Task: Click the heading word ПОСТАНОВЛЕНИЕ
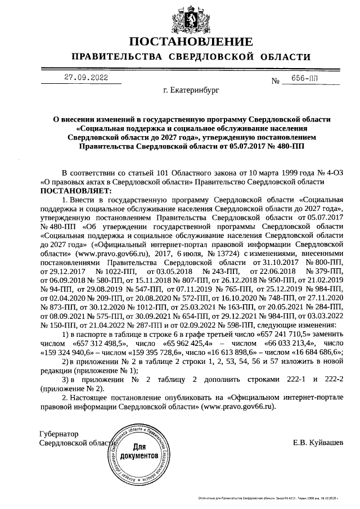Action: (191, 42)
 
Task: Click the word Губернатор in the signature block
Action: (59, 434)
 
